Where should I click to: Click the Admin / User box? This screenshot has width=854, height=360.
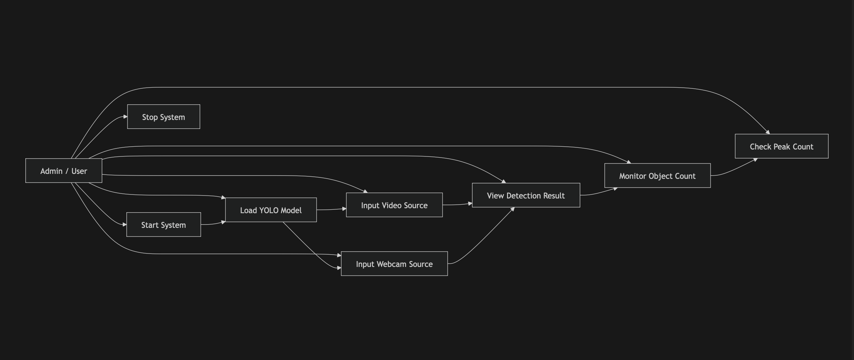[x=64, y=171]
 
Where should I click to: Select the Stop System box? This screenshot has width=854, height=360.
[x=163, y=117]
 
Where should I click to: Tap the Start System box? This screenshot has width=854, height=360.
[x=163, y=225]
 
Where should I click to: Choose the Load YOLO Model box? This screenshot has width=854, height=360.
[x=271, y=210]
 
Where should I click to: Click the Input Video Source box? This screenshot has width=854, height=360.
[x=394, y=205]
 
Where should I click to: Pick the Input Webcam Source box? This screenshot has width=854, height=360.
[x=394, y=264]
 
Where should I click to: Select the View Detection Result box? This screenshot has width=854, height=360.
[x=526, y=195]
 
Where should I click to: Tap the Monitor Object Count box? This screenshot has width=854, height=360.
[x=657, y=176]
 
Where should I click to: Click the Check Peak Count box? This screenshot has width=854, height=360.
[x=781, y=146]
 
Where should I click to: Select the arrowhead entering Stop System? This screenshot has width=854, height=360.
[x=125, y=117]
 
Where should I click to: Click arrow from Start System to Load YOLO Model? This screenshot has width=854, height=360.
[x=214, y=224]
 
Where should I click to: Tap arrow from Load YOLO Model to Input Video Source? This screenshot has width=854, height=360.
[x=331, y=209]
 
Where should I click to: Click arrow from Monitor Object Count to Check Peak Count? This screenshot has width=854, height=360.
[x=735, y=168]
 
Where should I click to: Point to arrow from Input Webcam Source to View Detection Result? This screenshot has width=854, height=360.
[x=482, y=239]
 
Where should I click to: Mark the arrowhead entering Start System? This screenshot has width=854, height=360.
[x=125, y=225]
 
